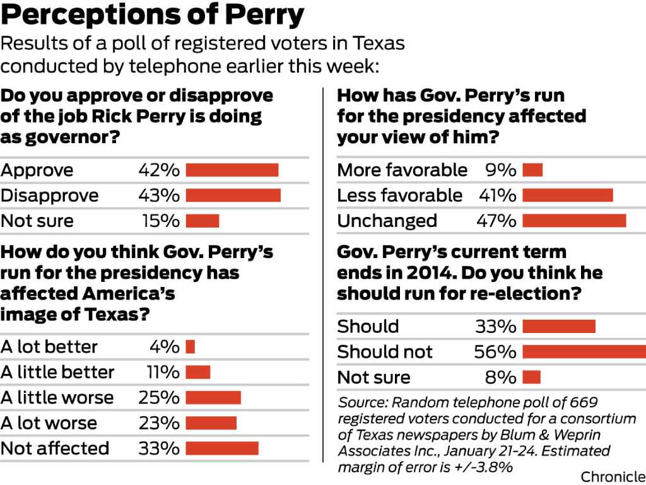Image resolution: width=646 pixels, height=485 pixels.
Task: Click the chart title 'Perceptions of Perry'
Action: pos(152,16)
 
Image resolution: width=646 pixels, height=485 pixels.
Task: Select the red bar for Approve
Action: pos(232,170)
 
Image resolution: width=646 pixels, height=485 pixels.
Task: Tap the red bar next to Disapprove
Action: pos(233,196)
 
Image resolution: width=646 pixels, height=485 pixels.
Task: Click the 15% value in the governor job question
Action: pos(159,221)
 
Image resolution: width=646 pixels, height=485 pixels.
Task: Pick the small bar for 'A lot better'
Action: pos(190,347)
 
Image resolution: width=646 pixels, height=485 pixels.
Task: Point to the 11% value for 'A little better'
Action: pos(163,372)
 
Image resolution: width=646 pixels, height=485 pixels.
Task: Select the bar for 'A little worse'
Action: pos(213,397)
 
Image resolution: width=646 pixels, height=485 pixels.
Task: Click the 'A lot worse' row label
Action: pos(49,423)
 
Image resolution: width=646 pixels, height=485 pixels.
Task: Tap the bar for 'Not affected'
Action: pos(222,448)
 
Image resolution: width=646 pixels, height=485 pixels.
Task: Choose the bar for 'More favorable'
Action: pos(532,170)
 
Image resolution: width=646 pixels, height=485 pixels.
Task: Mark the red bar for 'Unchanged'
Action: pos(574,221)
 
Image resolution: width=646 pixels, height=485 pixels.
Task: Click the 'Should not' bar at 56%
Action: pos(584,351)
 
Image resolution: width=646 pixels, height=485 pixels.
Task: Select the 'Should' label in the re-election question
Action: pos(368,326)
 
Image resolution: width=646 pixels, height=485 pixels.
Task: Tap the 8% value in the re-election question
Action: pos(502,377)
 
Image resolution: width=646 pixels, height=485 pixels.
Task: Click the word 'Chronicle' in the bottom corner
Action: pos(613,477)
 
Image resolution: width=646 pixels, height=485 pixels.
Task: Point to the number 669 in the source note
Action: pos(584,402)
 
